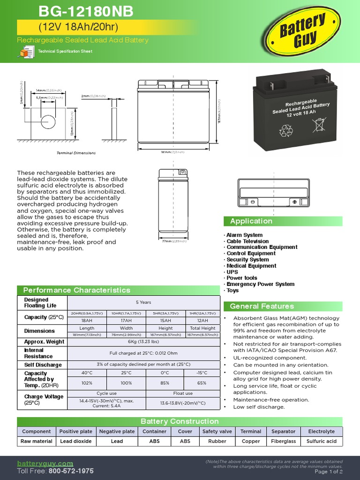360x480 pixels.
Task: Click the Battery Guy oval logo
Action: point(302,32)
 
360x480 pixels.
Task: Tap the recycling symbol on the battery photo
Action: point(285,131)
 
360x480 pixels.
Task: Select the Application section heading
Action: point(251,221)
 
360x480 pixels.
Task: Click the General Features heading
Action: point(262,306)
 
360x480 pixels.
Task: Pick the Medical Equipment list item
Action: point(251,266)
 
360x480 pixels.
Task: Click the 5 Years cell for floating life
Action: point(143,302)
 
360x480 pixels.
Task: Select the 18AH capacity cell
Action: point(87,320)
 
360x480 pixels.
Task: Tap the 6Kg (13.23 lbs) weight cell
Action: point(143,342)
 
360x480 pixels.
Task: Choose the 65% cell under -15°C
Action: point(202,383)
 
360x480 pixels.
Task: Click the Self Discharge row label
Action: point(43,365)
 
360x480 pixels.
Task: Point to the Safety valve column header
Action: point(217,431)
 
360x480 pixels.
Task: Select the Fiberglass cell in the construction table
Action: point(284,441)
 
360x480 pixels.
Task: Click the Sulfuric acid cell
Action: point(322,441)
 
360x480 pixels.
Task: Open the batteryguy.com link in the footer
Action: point(45,463)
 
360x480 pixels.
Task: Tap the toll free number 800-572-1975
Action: point(71,471)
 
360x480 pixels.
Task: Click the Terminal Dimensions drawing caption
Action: point(76,153)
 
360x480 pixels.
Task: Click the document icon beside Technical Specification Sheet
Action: point(25,53)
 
